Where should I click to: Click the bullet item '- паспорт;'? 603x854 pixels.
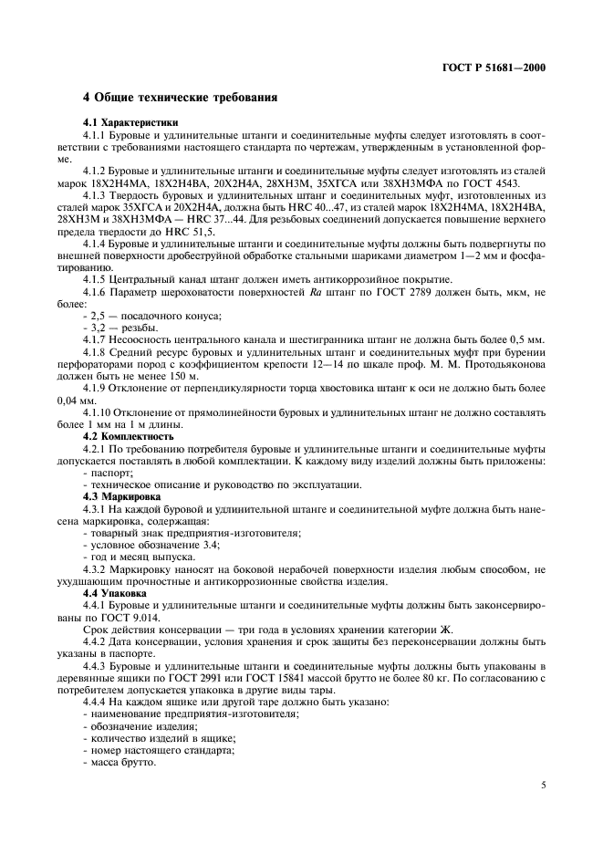106,473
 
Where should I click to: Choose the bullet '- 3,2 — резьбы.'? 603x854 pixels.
120,327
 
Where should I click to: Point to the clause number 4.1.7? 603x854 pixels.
98,338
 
